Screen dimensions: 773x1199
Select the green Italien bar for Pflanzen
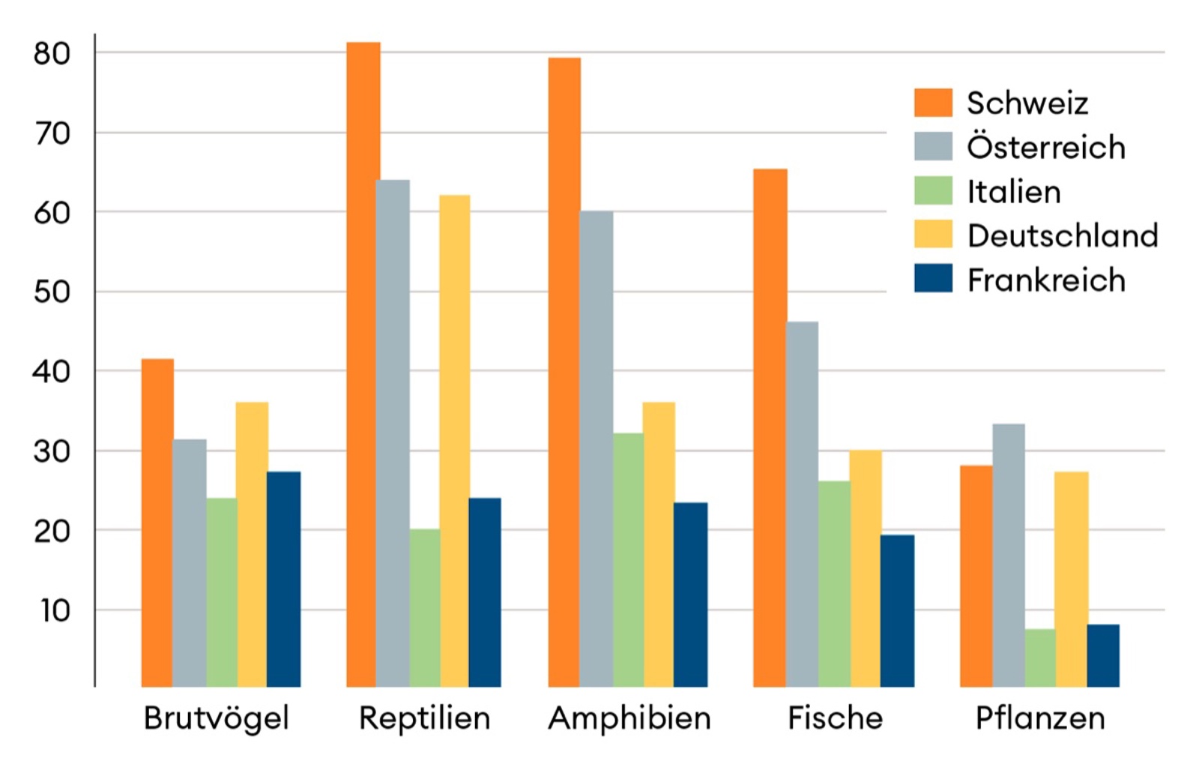click(x=1039, y=658)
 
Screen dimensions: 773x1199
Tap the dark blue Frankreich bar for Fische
click(x=897, y=610)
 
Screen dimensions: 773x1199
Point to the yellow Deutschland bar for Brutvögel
click(x=252, y=544)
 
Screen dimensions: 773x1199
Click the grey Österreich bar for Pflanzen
click(x=1009, y=555)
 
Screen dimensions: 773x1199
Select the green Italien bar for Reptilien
click(x=425, y=607)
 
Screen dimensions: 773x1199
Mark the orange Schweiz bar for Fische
click(x=770, y=427)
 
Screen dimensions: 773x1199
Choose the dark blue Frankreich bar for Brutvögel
click(x=283, y=579)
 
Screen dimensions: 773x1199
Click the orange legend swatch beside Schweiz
click(x=933, y=103)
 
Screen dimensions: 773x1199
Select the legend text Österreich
click(x=1046, y=147)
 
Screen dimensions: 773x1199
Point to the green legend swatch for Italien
click(x=933, y=191)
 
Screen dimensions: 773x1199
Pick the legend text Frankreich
click(x=1046, y=280)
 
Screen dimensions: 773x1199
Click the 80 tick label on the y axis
click(x=52, y=54)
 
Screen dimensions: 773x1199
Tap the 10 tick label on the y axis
click(x=55, y=611)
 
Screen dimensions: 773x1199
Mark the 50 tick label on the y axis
click(x=52, y=292)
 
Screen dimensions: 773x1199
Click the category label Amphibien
click(x=629, y=718)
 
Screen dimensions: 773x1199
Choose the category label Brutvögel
click(x=216, y=718)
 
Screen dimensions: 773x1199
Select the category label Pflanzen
click(x=1040, y=718)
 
